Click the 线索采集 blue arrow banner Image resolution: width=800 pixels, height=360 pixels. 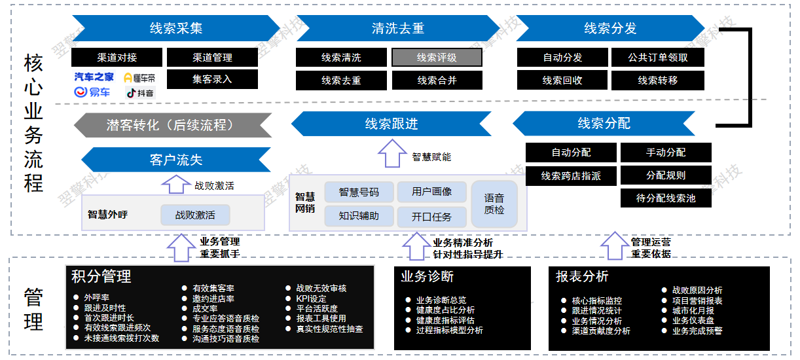coord(176,28)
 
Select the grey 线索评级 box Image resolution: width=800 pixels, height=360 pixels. coord(437,58)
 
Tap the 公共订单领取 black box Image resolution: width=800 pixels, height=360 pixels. coord(658,58)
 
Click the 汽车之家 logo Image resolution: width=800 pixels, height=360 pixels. coord(94,77)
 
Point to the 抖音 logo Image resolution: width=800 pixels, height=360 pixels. coord(140,93)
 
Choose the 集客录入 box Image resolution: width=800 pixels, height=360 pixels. coord(212,79)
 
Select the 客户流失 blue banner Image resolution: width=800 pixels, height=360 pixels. coord(176,160)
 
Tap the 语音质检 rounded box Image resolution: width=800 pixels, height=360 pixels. coord(494,204)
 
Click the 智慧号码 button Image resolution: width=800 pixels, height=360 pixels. coord(359,192)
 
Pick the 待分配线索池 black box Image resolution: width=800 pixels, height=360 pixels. coord(666,198)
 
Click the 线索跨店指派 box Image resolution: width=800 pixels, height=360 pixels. coord(571,176)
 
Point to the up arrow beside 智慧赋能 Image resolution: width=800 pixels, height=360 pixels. coord(392,155)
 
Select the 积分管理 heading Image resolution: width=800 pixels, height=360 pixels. coord(101,276)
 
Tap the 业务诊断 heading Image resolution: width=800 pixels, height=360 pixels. coord(427,276)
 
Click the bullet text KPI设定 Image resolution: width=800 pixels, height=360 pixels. coord(311,298)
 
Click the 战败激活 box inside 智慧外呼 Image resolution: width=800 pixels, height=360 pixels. coord(195,215)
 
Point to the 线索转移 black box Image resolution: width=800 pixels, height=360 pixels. coord(658,81)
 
